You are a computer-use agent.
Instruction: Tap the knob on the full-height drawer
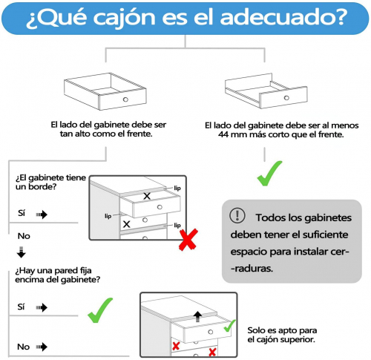(x=125, y=99)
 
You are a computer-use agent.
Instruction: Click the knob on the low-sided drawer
(x=286, y=98)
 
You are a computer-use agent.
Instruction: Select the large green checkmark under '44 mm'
(x=269, y=174)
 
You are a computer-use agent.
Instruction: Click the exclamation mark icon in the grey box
(x=237, y=215)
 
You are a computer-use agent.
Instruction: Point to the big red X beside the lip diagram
(x=188, y=240)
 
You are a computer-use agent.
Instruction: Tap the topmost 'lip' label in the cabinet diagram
(x=177, y=188)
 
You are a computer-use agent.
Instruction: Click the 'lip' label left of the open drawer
(x=108, y=216)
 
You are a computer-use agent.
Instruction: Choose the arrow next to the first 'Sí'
(x=42, y=215)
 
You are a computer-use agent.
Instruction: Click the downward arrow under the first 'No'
(x=22, y=252)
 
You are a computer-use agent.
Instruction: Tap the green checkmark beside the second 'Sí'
(x=100, y=310)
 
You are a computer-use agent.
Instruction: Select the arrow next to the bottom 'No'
(x=42, y=347)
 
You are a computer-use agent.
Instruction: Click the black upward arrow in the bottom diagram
(x=197, y=317)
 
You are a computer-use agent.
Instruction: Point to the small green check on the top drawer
(x=230, y=326)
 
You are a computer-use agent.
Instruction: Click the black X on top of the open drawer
(x=147, y=196)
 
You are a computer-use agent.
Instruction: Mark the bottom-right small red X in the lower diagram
(x=212, y=352)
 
